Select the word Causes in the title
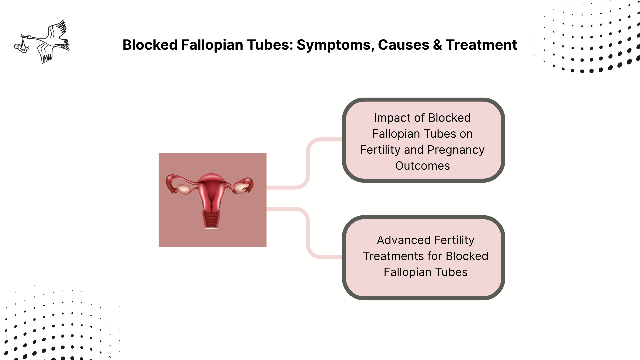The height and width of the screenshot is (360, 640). pos(403,45)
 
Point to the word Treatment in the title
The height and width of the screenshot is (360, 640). pos(481,45)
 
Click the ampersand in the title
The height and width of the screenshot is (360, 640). pos(438,45)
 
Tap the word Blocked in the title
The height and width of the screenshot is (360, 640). pos(150,45)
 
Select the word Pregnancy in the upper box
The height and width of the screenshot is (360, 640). pos(456,150)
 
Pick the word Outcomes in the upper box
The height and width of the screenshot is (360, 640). pos(422,166)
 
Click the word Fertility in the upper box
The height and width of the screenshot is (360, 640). pos(380,150)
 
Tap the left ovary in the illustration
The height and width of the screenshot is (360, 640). pos(184,189)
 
